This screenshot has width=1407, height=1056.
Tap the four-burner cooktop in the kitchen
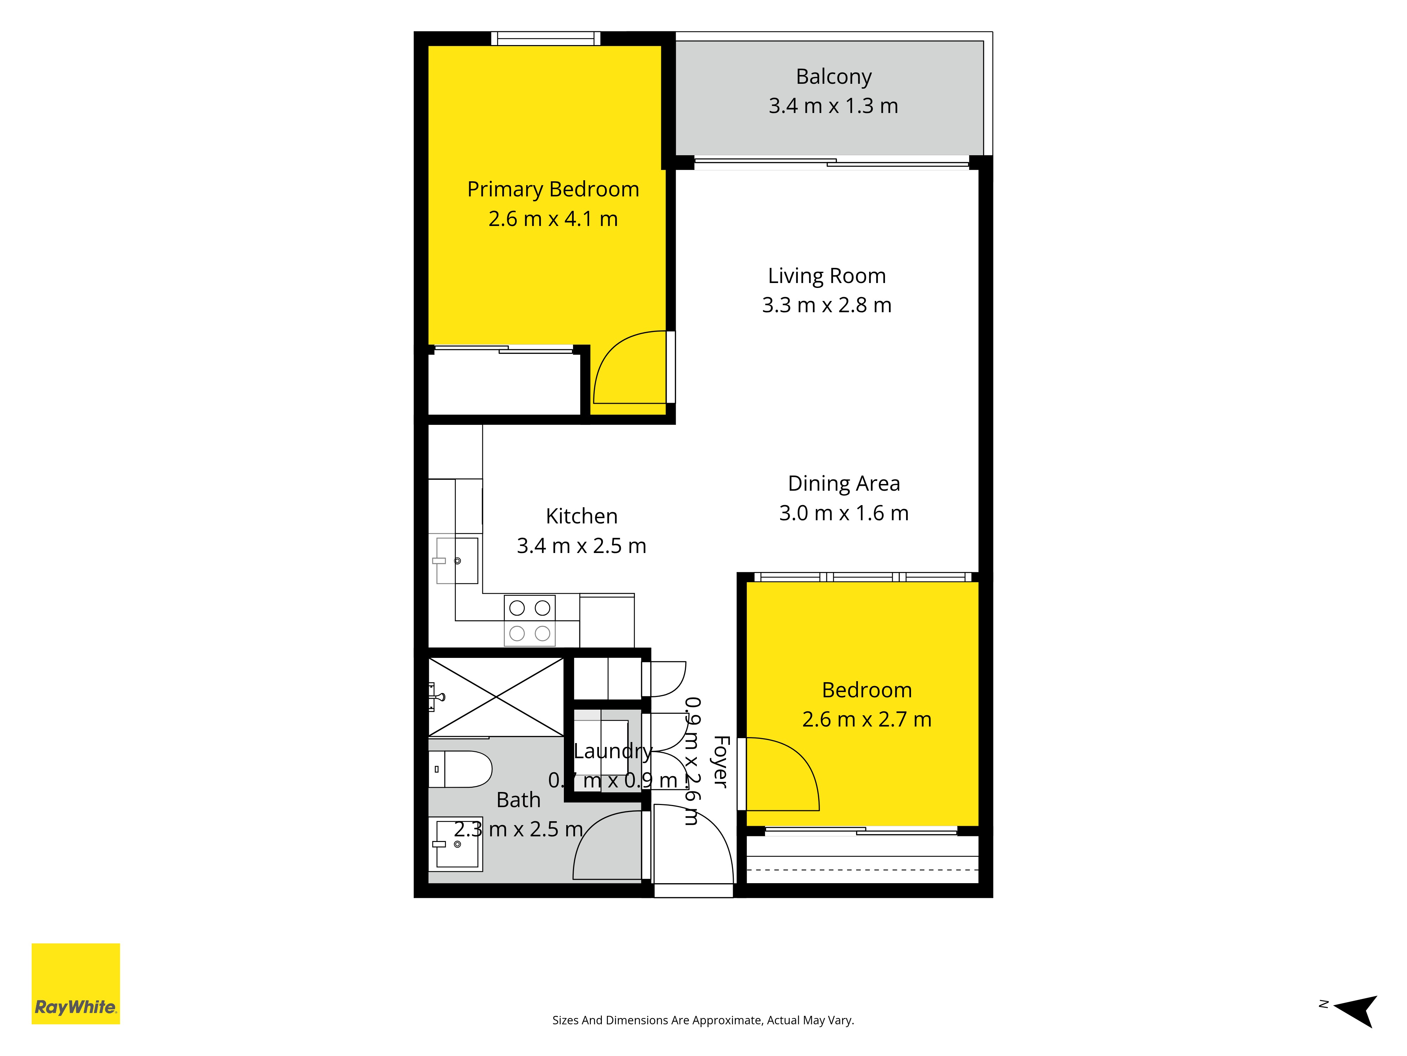(x=530, y=621)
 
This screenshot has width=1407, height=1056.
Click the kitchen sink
(x=457, y=561)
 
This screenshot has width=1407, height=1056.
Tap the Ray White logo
(x=76, y=983)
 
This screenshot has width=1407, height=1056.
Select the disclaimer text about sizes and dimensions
(x=703, y=1020)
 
